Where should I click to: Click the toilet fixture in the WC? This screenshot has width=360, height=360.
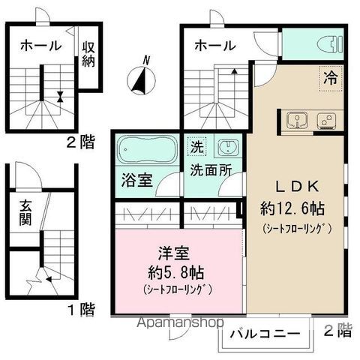329,45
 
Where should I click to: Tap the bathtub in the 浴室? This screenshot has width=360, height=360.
148,149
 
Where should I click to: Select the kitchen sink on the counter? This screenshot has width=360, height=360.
297,120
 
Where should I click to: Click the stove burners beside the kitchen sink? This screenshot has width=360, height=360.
327,121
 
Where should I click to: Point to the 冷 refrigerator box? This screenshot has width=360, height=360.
331,78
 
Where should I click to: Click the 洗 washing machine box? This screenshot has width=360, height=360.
196,146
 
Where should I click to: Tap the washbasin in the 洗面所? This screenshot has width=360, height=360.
228,147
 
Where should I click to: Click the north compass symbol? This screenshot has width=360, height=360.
142,79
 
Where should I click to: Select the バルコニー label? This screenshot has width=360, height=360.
265,334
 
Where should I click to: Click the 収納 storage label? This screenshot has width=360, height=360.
88,54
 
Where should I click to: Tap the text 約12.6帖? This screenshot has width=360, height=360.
292,209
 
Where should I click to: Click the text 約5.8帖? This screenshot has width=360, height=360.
176,272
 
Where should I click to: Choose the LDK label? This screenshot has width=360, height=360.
297,187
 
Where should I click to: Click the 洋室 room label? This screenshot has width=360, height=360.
174,253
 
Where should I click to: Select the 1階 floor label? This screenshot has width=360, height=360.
82,310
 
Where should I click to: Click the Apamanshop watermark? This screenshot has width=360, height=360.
181,322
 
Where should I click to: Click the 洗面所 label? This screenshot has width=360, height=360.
211,170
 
